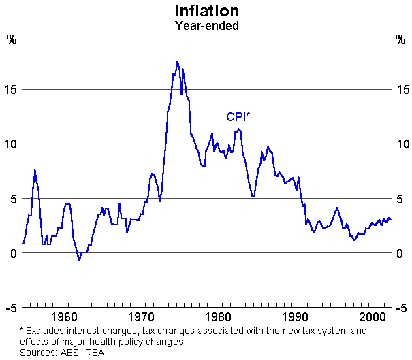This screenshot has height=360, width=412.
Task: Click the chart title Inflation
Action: pos(206,12)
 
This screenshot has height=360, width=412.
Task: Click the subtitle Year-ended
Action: pos(206,27)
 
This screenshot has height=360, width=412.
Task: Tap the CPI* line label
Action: pos(238,117)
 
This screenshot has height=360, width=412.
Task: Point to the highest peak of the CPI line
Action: pos(177,61)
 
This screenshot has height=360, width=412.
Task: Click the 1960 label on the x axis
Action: pos(63,318)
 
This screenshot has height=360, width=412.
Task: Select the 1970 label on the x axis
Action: pos(141,318)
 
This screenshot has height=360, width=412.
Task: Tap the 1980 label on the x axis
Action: pos(219,318)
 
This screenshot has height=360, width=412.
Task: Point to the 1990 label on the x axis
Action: pos(296,318)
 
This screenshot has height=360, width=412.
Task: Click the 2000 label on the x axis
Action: pos(373,318)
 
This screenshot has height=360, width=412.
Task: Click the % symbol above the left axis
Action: pos(12,38)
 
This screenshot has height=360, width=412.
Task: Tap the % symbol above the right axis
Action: pos(400,38)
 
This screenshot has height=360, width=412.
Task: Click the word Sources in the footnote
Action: pos(37,353)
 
